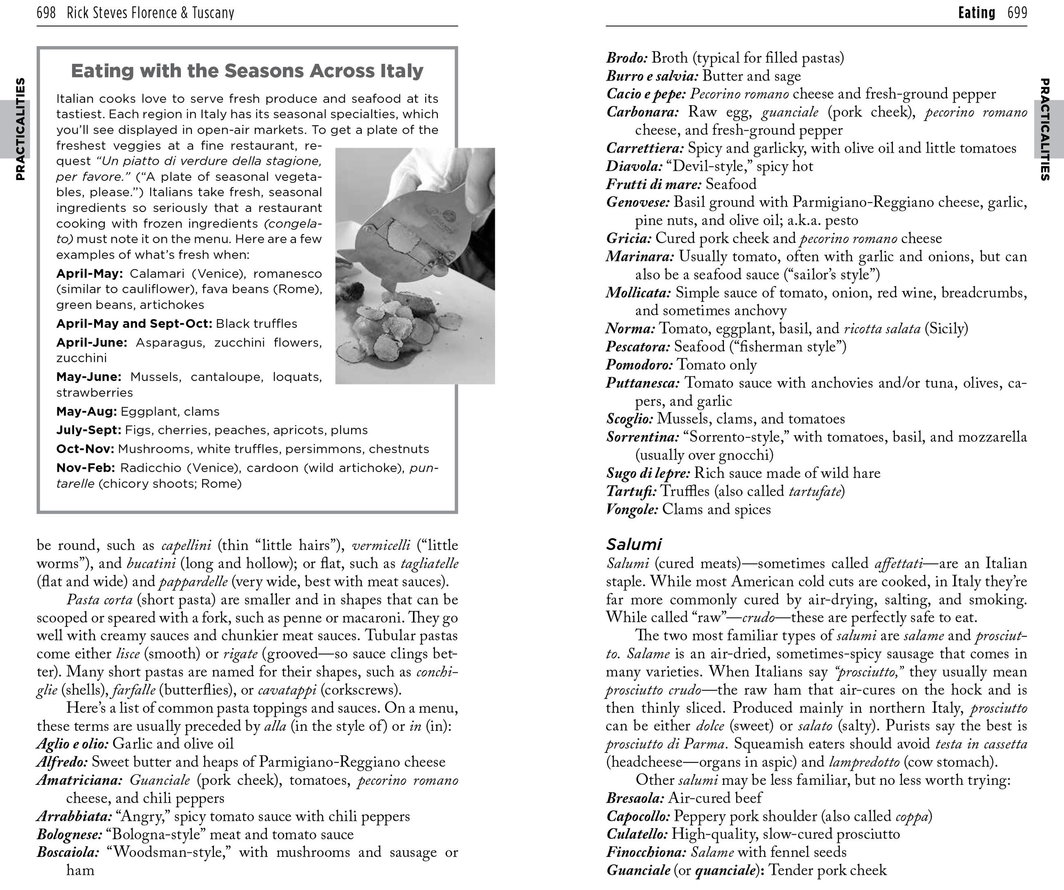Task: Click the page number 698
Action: tap(46, 12)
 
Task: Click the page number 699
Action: tap(1017, 12)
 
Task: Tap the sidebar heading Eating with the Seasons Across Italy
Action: tap(247, 71)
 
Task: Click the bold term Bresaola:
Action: tap(635, 798)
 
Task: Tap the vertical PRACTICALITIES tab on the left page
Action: tap(20, 129)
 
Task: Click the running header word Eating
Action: tap(976, 12)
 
